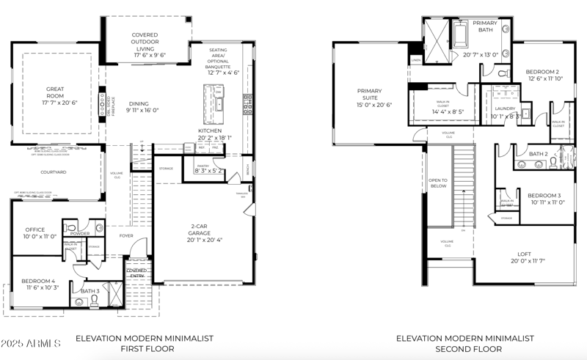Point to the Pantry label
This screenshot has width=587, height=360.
coord(203,166)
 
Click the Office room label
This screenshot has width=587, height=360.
coord(35,229)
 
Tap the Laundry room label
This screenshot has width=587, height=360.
coord(506,109)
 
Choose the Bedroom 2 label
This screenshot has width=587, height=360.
coord(543,72)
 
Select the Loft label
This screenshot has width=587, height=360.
coord(524,254)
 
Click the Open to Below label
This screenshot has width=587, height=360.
coord(438,183)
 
